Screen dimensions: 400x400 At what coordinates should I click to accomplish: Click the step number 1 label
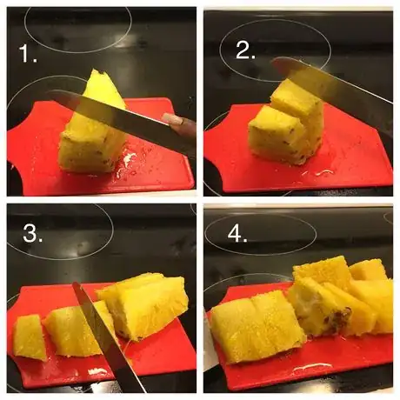(x=28, y=53)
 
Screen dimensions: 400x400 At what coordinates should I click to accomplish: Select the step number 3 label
(x=33, y=233)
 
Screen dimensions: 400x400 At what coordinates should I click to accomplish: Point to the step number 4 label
(x=237, y=234)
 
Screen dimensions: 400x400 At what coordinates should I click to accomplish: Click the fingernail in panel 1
(x=172, y=119)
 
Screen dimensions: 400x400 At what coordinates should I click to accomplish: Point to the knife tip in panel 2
(x=274, y=62)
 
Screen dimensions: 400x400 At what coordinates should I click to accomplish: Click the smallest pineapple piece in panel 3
(x=29, y=337)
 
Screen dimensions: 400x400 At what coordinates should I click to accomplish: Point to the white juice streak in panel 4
(x=312, y=368)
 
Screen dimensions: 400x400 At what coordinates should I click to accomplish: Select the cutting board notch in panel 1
(x=15, y=177)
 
